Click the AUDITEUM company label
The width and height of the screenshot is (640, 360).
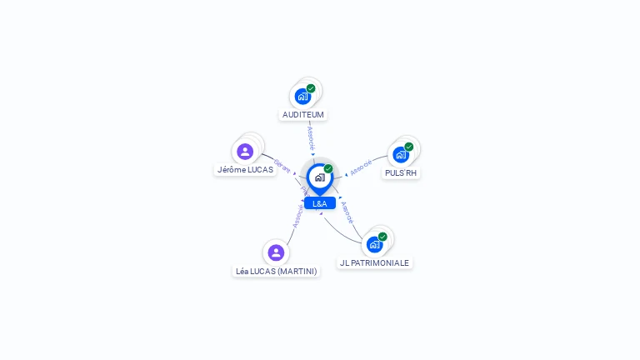(x=302, y=115)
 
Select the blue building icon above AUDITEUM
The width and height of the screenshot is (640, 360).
(x=302, y=96)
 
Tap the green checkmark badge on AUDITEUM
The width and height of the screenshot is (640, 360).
(x=311, y=88)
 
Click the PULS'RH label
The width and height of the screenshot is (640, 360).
(x=401, y=173)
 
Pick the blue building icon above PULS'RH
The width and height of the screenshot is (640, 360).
(x=401, y=155)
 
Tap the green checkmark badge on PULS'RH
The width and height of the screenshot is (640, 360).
(x=409, y=147)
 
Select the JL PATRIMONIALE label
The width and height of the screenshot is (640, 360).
(x=374, y=262)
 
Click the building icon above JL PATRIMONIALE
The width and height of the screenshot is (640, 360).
(x=374, y=244)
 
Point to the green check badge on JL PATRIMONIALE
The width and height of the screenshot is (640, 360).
(x=382, y=237)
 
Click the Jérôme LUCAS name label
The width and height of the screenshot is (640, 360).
(x=245, y=170)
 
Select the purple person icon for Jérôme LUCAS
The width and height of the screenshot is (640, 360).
(x=245, y=152)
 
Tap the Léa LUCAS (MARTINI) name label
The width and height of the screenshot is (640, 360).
(x=276, y=272)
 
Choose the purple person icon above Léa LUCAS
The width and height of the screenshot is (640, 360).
(x=276, y=252)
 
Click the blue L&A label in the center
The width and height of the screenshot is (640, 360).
(x=320, y=203)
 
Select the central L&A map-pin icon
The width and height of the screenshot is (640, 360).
(x=319, y=177)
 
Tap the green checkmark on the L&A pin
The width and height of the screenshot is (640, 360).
(x=328, y=169)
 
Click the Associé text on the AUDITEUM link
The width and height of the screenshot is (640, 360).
(x=311, y=136)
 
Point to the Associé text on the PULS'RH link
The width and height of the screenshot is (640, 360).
(x=361, y=167)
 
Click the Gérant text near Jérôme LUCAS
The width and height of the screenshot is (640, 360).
(x=282, y=166)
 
